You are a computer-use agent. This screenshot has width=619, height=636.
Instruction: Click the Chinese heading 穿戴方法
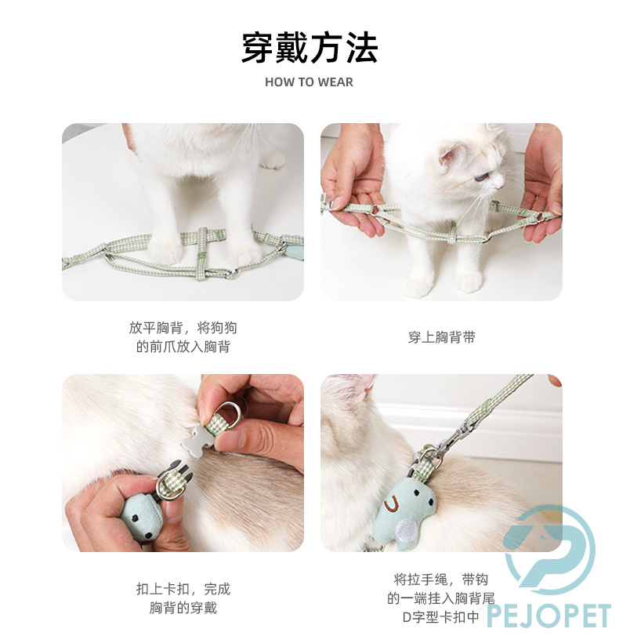(309, 48)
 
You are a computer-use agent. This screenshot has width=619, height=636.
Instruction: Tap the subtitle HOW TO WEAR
(309, 82)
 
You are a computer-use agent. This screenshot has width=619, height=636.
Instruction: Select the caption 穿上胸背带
(441, 337)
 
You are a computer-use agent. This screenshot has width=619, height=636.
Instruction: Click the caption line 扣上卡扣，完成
(183, 588)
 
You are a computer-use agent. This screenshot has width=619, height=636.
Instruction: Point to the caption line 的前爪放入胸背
(183, 347)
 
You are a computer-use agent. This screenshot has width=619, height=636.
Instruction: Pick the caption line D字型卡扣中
(441, 617)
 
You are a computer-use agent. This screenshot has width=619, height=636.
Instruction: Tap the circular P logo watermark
(549, 550)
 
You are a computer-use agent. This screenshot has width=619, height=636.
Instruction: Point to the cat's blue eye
(481, 177)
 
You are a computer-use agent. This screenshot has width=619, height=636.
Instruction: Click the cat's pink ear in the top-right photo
(451, 156)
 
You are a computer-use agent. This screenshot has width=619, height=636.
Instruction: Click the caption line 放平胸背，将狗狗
(183, 327)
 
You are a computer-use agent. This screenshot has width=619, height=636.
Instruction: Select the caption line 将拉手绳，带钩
(441, 579)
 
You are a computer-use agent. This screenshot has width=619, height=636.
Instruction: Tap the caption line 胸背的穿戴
(183, 608)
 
